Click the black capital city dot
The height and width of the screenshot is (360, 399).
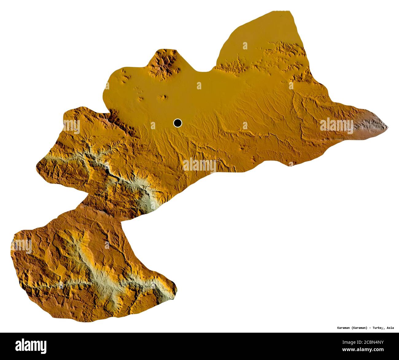177,123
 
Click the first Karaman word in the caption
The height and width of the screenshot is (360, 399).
342,328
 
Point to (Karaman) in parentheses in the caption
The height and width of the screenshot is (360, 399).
359,328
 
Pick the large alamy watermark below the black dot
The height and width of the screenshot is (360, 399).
199,165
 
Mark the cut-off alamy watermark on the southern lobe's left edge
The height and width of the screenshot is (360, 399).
21,246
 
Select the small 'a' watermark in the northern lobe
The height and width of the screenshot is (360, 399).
245,46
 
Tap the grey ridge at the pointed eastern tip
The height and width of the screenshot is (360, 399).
373,123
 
